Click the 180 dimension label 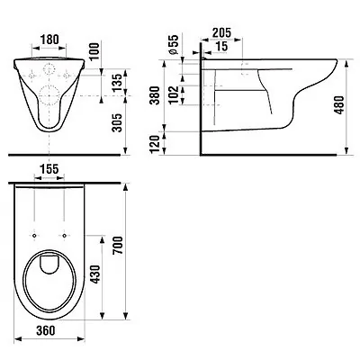[49, 40]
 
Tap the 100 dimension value [94, 51]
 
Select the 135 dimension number [118, 82]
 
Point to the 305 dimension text [118, 122]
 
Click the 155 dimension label [49, 169]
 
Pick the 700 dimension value [118, 246]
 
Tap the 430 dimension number [94, 274]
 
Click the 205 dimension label [221, 32]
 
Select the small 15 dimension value [221, 46]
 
